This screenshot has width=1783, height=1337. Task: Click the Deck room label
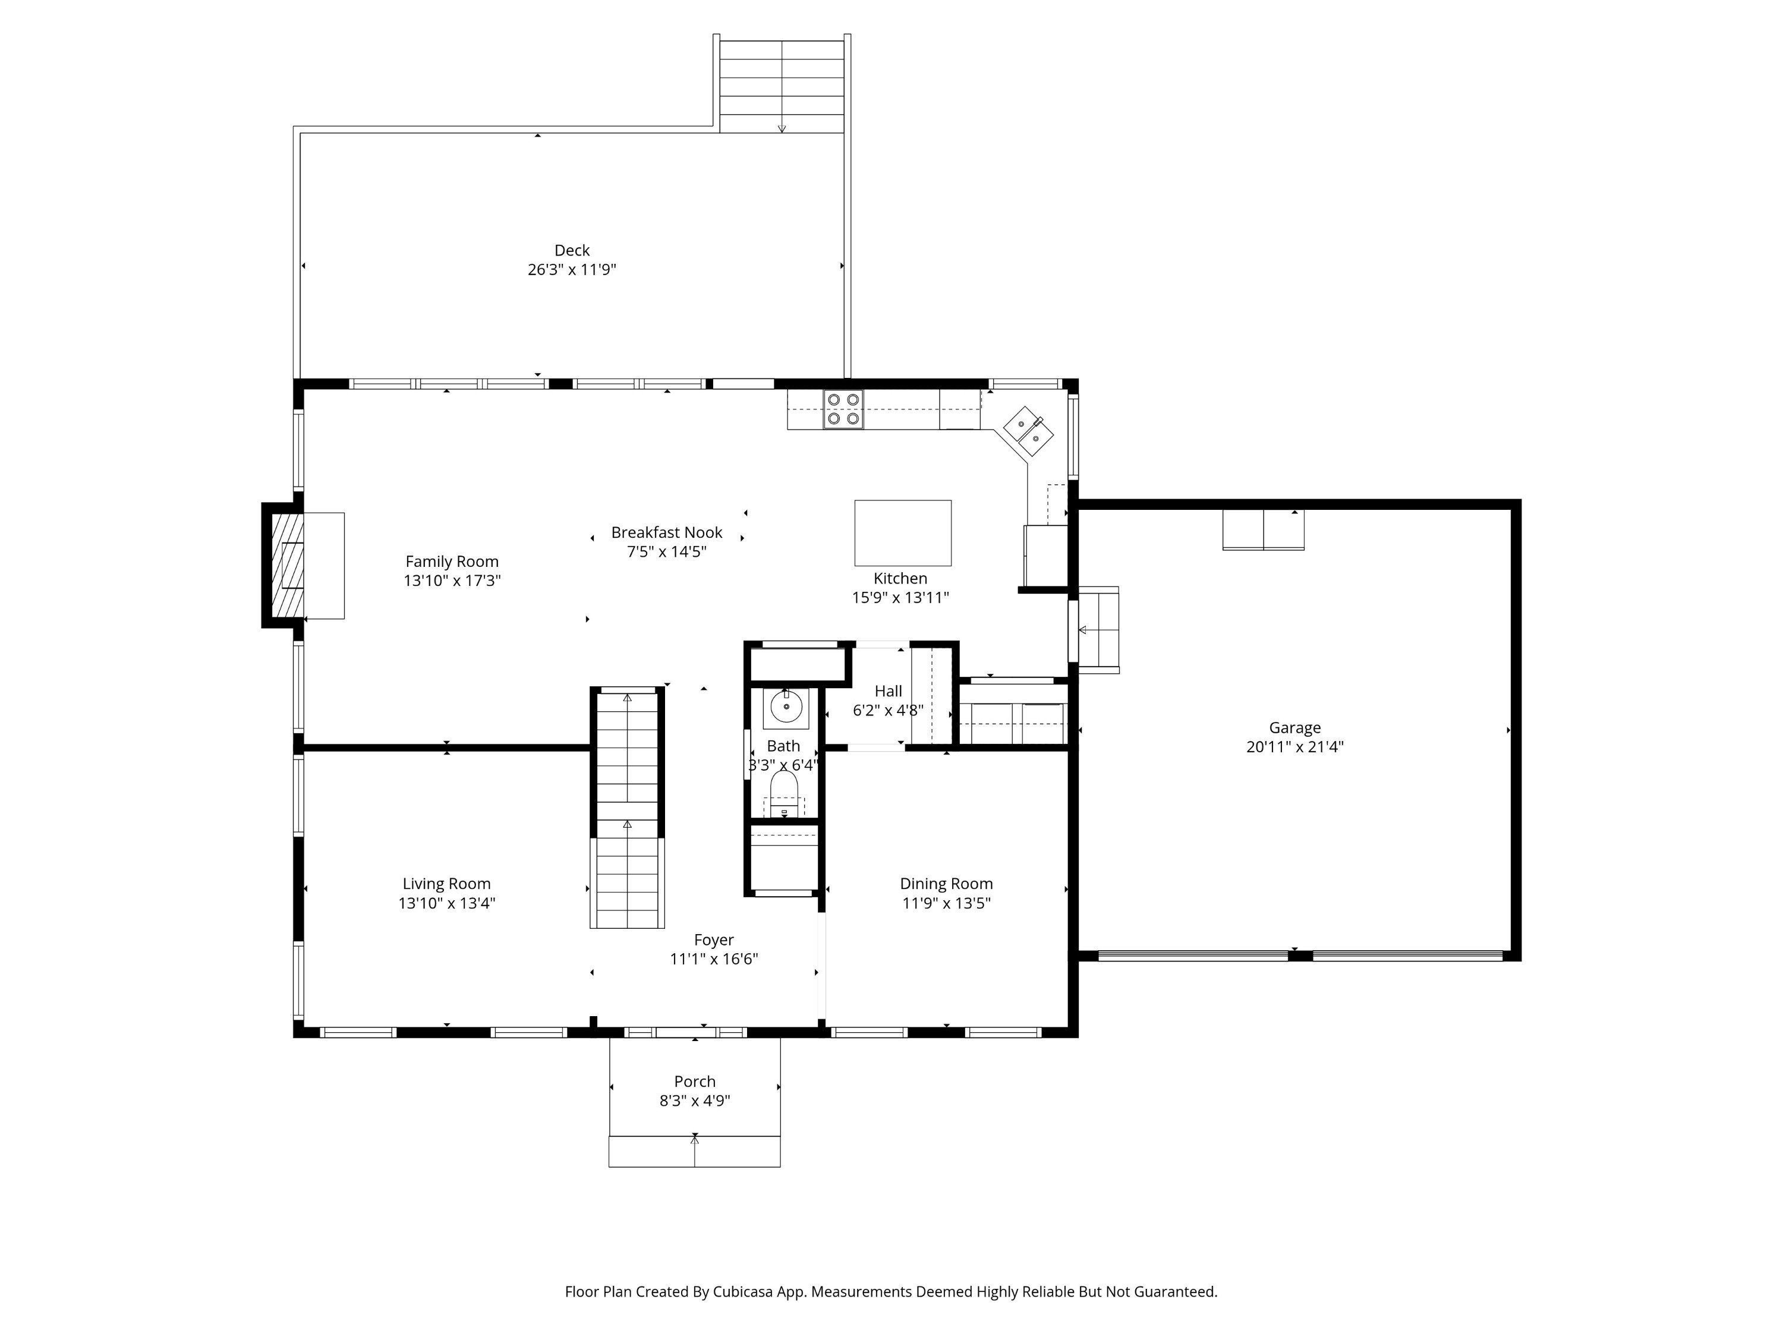572,251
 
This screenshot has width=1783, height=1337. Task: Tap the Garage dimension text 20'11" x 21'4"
1294,747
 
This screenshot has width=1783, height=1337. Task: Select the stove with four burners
843,409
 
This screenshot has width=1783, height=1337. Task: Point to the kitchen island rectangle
903,532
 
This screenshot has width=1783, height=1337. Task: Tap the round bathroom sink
786,707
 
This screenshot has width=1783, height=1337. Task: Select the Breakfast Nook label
667,532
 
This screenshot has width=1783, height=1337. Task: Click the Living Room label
446,884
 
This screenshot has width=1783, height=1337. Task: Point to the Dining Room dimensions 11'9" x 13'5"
946,903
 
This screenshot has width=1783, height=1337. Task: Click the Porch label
695,1081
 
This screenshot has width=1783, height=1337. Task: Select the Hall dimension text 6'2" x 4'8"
889,711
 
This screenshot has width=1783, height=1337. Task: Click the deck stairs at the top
782,86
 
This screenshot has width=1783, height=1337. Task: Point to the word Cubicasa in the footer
742,1292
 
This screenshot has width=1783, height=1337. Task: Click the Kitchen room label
900,579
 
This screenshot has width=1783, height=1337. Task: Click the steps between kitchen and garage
1098,629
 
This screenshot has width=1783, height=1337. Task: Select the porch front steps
695,1152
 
